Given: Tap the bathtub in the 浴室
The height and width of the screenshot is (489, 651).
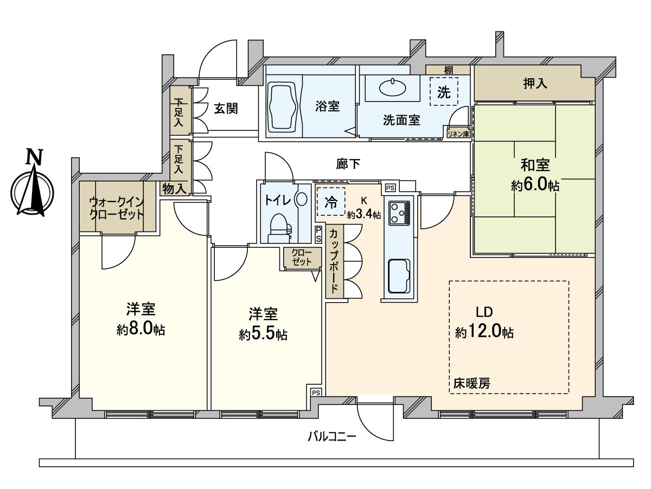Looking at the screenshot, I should click(282, 106).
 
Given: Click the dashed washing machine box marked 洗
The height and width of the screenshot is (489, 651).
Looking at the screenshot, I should click(444, 92).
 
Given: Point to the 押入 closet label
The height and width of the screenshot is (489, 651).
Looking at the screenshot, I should click(534, 84).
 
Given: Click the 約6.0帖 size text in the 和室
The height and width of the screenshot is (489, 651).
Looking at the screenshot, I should click(535, 186).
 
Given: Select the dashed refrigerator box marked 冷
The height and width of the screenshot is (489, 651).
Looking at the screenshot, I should click(330, 202).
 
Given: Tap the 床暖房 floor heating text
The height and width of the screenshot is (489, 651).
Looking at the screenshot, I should click(472, 383).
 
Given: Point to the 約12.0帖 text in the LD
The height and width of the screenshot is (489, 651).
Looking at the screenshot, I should click(484, 332).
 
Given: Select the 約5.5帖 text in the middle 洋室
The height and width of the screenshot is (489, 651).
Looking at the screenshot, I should click(263, 334).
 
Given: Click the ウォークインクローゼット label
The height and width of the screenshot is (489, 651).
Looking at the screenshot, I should click(117, 208).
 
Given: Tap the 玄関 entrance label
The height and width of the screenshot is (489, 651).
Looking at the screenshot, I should click(225, 109).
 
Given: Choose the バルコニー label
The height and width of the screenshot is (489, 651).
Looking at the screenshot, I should click(331, 436).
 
